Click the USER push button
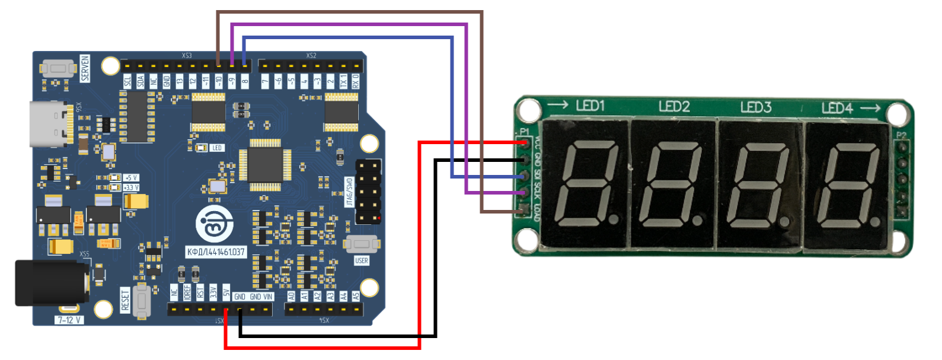pyautogui.click(x=362, y=244)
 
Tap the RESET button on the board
pyautogui.click(x=141, y=301)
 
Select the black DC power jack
pyautogui.click(x=50, y=283)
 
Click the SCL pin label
pyautogui.click(x=127, y=81)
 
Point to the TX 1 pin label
pyautogui.click(x=343, y=81)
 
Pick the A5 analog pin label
pyautogui.click(x=356, y=295)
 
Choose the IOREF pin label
pyautogui.click(x=187, y=292)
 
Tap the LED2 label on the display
pyautogui.click(x=674, y=107)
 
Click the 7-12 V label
pyautogui.click(x=70, y=320)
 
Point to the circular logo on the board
pyautogui.click(x=213, y=225)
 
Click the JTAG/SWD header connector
pyautogui.click(x=368, y=191)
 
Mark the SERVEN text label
pyautogui.click(x=85, y=68)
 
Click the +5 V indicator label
pyautogui.click(x=131, y=177)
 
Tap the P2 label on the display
pyautogui.click(x=901, y=135)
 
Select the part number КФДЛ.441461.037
pyautogui.click(x=216, y=252)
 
